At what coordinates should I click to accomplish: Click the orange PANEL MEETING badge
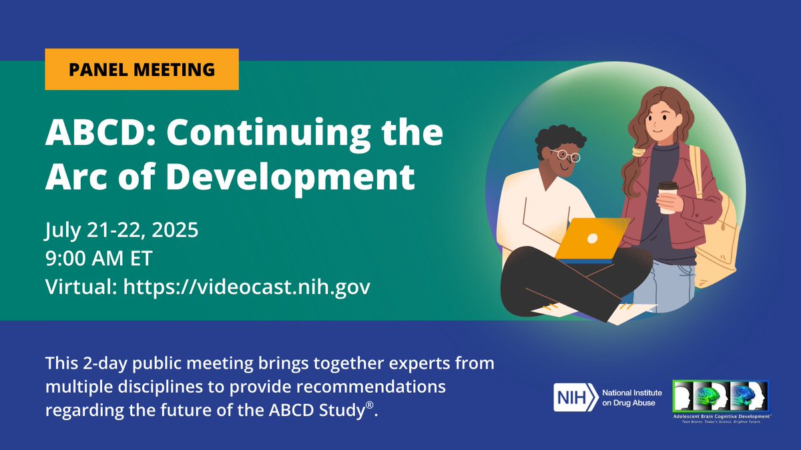pos(142,69)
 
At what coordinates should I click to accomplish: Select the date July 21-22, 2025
pos(121,232)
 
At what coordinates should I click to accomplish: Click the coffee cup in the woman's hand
pos(668,197)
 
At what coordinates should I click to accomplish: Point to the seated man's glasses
pos(569,156)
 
